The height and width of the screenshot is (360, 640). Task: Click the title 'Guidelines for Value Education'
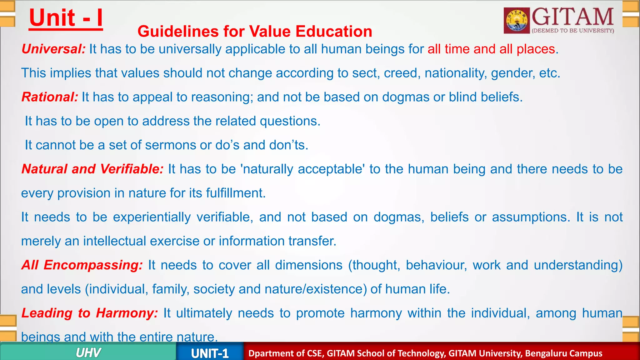(255, 32)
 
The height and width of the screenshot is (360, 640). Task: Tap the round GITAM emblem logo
(517, 21)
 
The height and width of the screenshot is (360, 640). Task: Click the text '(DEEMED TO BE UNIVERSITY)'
(573, 31)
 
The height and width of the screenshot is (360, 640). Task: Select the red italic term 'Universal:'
(53, 49)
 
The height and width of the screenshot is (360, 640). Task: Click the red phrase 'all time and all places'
(491, 49)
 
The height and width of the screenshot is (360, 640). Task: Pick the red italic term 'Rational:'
(50, 97)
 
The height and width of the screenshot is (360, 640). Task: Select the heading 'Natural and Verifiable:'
(92, 169)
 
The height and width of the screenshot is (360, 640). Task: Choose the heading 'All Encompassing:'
(82, 265)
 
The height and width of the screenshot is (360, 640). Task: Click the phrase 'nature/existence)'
(316, 289)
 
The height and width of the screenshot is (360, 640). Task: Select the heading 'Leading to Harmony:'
(90, 313)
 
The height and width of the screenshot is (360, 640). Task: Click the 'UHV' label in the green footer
(88, 353)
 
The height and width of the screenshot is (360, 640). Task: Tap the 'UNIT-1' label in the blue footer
(210, 353)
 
